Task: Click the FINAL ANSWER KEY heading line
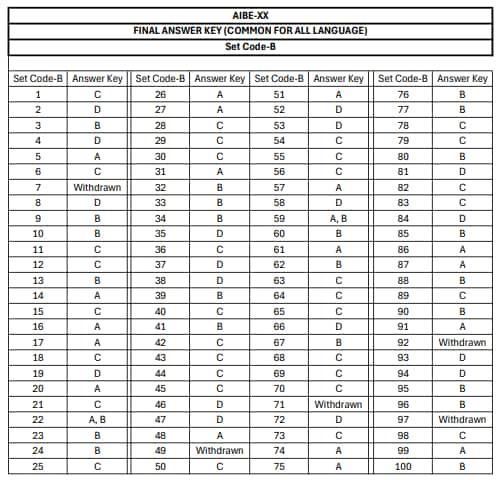tap(250, 31)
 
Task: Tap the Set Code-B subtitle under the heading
tap(250, 46)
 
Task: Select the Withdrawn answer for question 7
tap(98, 187)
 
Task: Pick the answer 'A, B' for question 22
tap(98, 419)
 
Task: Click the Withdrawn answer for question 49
tap(219, 450)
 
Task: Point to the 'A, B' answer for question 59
tap(338, 218)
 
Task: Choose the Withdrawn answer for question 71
tap(338, 403)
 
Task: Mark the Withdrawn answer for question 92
tap(462, 342)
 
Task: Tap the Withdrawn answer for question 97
tap(462, 419)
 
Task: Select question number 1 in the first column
tap(38, 94)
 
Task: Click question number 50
tap(160, 466)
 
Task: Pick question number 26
tap(160, 94)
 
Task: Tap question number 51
tap(279, 94)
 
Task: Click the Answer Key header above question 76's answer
tap(462, 78)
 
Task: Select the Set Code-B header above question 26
tap(160, 78)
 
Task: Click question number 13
tap(38, 280)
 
